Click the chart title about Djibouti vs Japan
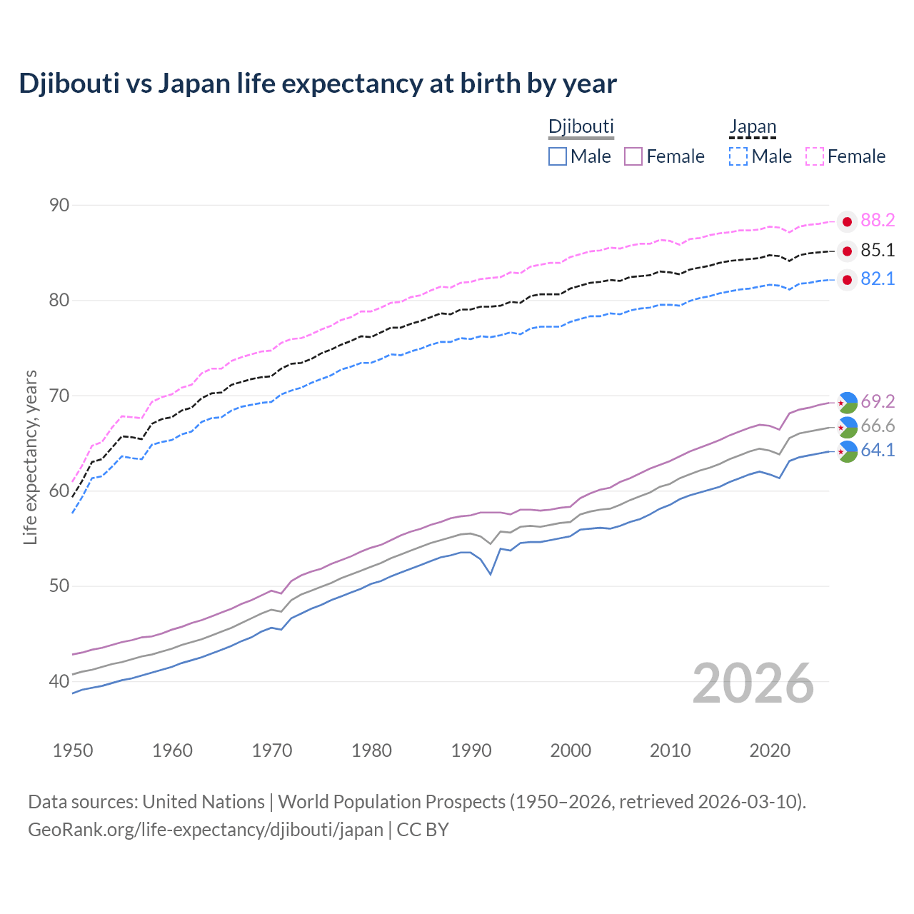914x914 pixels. click(318, 84)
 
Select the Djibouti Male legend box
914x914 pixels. click(558, 156)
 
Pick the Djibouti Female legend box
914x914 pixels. click(633, 156)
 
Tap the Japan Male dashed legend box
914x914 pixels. click(738, 156)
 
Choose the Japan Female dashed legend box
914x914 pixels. click(815, 156)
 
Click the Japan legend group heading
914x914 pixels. click(752, 127)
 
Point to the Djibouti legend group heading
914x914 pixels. click(581, 127)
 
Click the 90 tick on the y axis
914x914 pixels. click(59, 206)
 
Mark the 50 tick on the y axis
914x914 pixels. click(59, 586)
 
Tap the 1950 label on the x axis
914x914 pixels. click(73, 750)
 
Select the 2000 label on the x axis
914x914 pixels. click(571, 750)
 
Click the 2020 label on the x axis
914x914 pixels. click(770, 750)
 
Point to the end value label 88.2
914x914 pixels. click(878, 221)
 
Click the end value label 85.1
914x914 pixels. click(878, 251)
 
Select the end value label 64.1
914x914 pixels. click(878, 451)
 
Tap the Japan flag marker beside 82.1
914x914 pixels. click(847, 280)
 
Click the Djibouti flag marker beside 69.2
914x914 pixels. click(847, 403)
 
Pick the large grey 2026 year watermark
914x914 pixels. click(753, 683)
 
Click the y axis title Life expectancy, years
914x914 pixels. click(31, 457)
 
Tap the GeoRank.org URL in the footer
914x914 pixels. click(206, 830)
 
